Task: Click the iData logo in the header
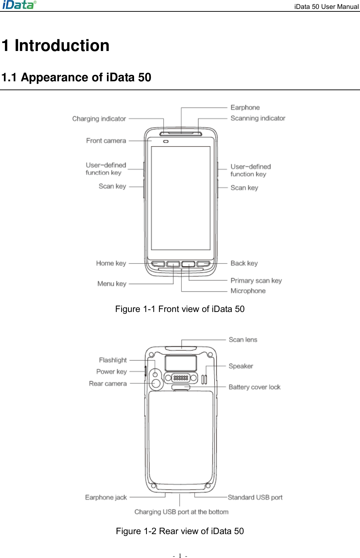19,5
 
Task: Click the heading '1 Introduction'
56,46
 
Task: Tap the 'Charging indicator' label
99,119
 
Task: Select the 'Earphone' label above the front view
245,107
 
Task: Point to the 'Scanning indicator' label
258,118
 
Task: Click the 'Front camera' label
106,141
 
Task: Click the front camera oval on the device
166,142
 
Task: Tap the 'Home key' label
111,263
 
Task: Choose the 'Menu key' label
112,284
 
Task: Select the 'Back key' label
244,263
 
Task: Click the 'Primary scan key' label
256,281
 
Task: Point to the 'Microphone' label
248,291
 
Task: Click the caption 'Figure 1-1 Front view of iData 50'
180,309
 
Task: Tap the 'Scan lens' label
243,340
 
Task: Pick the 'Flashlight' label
113,360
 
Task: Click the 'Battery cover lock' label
254,387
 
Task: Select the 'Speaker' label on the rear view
241,366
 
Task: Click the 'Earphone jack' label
106,497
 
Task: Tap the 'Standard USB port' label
255,497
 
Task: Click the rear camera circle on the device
156,383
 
